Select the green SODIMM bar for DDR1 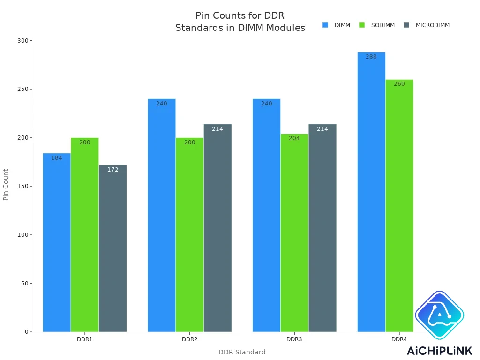(85, 234)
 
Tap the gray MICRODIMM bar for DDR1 (113, 248)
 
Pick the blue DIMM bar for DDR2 (162, 215)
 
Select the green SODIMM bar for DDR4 (399, 206)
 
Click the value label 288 (371, 57)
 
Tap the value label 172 (113, 170)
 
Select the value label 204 (294, 138)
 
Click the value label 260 (399, 84)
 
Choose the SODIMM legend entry (377, 25)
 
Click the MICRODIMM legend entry (427, 25)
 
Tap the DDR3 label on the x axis (294, 339)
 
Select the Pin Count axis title (6, 185)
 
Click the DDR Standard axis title (242, 352)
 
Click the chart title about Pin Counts (240, 22)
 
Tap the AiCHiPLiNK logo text (439, 351)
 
